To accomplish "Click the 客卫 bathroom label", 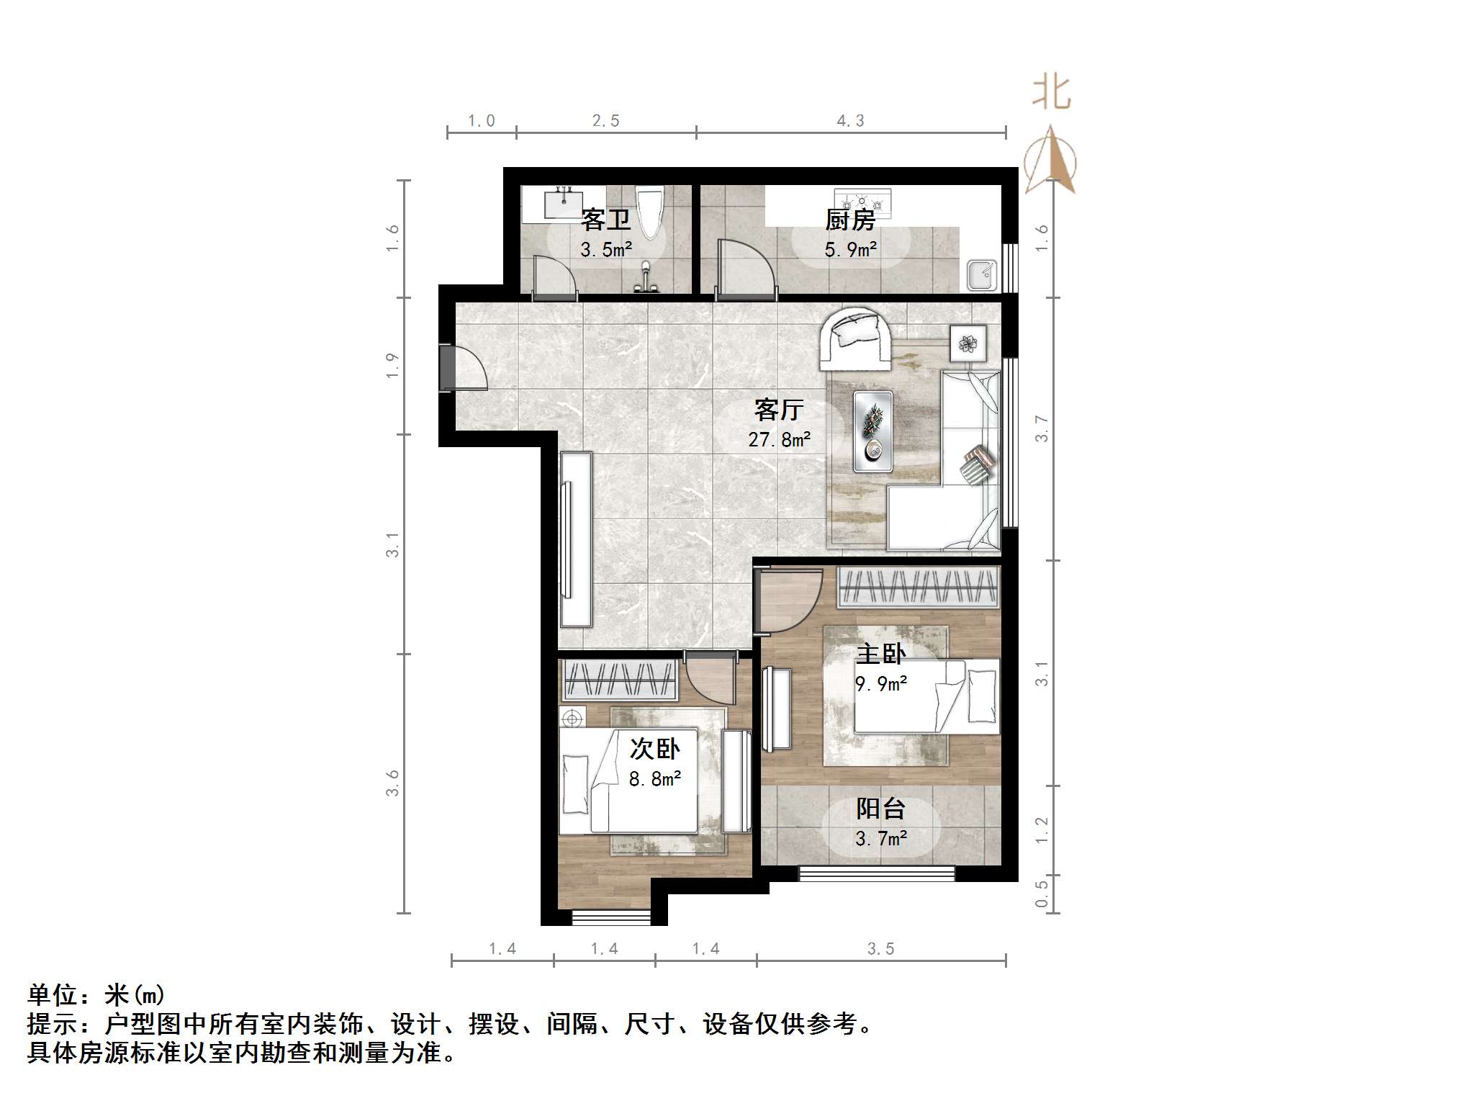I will [605, 219].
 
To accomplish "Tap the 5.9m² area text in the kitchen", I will [850, 250].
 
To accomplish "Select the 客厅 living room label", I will [778, 410].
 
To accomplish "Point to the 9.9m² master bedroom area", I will [880, 683].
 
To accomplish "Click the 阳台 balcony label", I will [880, 809].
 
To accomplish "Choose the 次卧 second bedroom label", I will [654, 749].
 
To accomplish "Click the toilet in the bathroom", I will [650, 211].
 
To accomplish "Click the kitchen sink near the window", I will [982, 274].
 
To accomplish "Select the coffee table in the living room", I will [873, 431].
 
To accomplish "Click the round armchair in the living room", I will [854, 336].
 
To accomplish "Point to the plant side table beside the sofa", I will [968, 343].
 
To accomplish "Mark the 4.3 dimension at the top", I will [850, 120].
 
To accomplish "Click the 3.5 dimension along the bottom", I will [880, 948].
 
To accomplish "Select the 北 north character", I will [1051, 94].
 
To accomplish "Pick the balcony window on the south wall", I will [876, 874].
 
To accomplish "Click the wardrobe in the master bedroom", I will [919, 587].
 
